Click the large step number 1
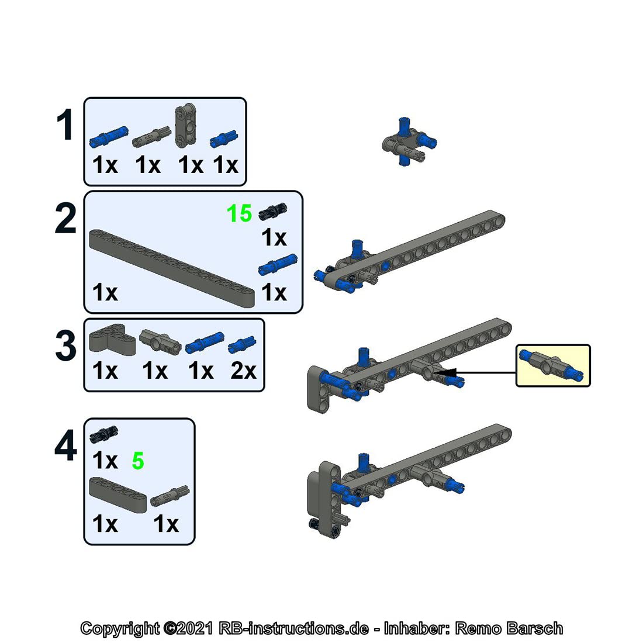(65, 125)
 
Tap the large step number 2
(65, 218)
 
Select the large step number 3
(65, 345)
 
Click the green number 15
(239, 213)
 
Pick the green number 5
(138, 461)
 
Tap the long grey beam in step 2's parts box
(172, 268)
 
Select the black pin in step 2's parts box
(273, 212)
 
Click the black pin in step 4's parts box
(103, 434)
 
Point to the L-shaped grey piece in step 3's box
(112, 339)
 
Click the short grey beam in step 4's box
(117, 495)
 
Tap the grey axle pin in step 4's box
(170, 496)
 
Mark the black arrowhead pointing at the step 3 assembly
(446, 372)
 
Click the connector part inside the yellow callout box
(551, 365)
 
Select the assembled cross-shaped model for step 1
(409, 141)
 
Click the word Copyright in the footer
(120, 628)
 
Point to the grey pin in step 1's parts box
(151, 137)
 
